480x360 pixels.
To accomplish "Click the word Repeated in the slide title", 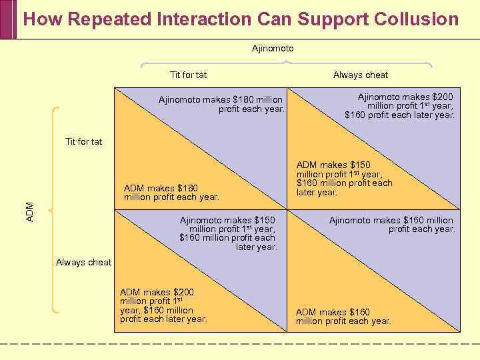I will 103,19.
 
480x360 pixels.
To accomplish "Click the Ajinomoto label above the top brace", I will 273,49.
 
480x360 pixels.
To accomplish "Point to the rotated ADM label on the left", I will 29,212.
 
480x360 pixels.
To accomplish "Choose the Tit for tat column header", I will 188,75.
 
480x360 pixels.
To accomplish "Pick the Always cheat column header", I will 361,75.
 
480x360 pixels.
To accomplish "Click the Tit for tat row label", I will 84,141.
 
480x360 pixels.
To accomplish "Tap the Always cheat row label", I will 84,262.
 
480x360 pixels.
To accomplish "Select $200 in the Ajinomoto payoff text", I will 442,97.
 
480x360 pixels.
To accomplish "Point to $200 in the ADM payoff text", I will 183,292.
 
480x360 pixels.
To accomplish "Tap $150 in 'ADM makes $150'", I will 359,165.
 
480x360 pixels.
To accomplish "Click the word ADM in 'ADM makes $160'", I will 306,312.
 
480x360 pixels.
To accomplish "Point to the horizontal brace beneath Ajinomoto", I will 286,63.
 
